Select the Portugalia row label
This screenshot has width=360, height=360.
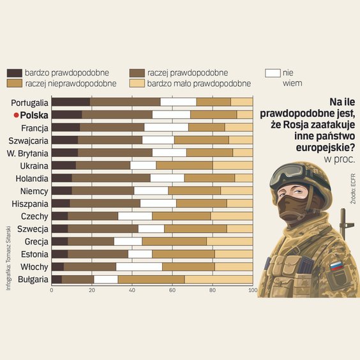(30, 103)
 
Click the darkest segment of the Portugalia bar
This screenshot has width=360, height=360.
(70, 102)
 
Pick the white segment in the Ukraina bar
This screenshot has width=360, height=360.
(143, 165)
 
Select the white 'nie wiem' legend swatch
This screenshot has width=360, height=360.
(273, 73)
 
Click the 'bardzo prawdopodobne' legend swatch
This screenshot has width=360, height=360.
(15, 73)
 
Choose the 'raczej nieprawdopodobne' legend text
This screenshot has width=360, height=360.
(70, 83)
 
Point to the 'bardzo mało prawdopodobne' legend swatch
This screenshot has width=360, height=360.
(137, 83)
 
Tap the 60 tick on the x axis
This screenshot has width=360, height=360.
(172, 290)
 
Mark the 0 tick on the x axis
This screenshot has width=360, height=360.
(51, 290)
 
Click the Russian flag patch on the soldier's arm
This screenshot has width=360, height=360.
(336, 266)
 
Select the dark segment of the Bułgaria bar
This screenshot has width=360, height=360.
(56, 280)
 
